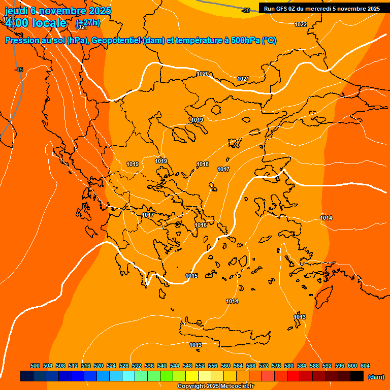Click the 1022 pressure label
tap(301, 25)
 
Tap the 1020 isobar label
tap(203, 74)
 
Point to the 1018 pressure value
tap(203, 164)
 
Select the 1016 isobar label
tap(201, 225)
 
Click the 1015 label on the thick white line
tap(191, 276)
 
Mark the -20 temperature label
tap(246, 10)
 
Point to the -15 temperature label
tap(19, 70)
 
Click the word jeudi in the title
tap(16, 11)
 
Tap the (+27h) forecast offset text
tap(88, 23)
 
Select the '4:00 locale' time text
tap(36, 23)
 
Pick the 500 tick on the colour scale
tap(35, 366)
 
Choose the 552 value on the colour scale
tap(200, 366)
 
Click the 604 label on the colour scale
tap(365, 366)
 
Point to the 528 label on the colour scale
tap(124, 366)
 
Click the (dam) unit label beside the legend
tap(376, 377)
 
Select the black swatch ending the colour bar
tap(357, 376)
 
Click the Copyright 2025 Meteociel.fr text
tap(215, 386)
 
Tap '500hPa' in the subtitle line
tap(246, 41)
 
